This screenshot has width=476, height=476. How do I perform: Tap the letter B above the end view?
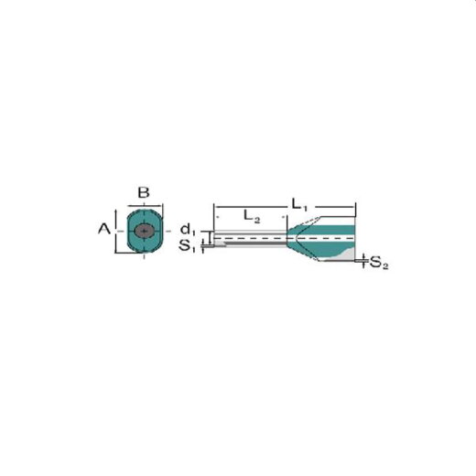coord(144,192)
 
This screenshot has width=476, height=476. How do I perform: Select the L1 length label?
coord(297,200)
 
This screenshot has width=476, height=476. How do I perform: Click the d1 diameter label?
coord(187,230)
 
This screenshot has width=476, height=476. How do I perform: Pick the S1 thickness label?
coord(187,245)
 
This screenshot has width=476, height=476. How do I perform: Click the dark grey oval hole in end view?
coord(144,233)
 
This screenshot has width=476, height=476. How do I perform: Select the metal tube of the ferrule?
coord(252,239)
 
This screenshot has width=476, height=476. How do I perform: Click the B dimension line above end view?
coord(144,206)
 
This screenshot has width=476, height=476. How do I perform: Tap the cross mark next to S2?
coord(363,261)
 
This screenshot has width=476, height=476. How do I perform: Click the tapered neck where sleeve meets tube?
coord(296,239)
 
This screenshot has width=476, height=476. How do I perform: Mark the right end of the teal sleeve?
coord(354,240)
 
